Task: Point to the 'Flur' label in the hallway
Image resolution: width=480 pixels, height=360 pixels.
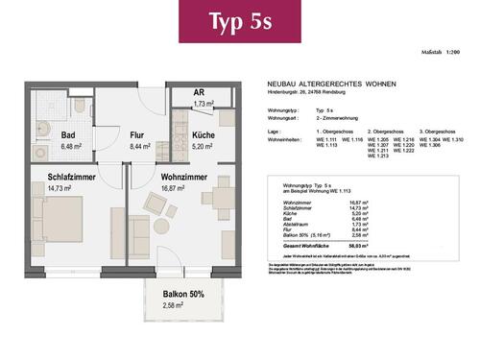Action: tap(137, 136)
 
